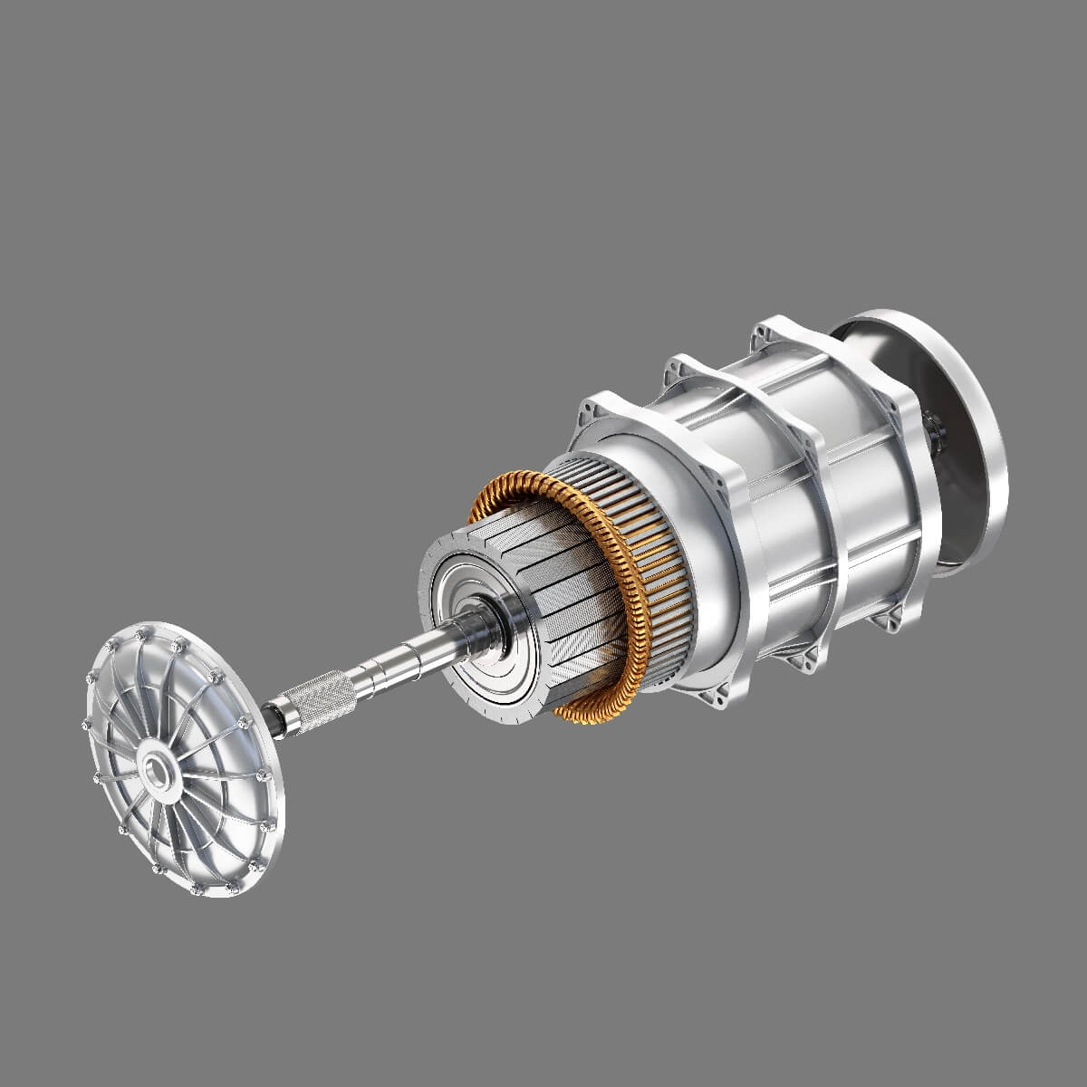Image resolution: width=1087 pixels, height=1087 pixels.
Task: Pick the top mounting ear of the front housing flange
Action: click(x=599, y=404)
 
